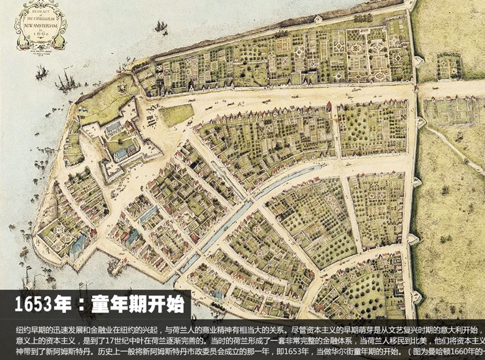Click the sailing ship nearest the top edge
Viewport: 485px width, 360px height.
161,27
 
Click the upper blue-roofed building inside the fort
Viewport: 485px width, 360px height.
114,128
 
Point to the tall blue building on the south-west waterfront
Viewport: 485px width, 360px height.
77,244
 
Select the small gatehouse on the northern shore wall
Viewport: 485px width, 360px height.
318,19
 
